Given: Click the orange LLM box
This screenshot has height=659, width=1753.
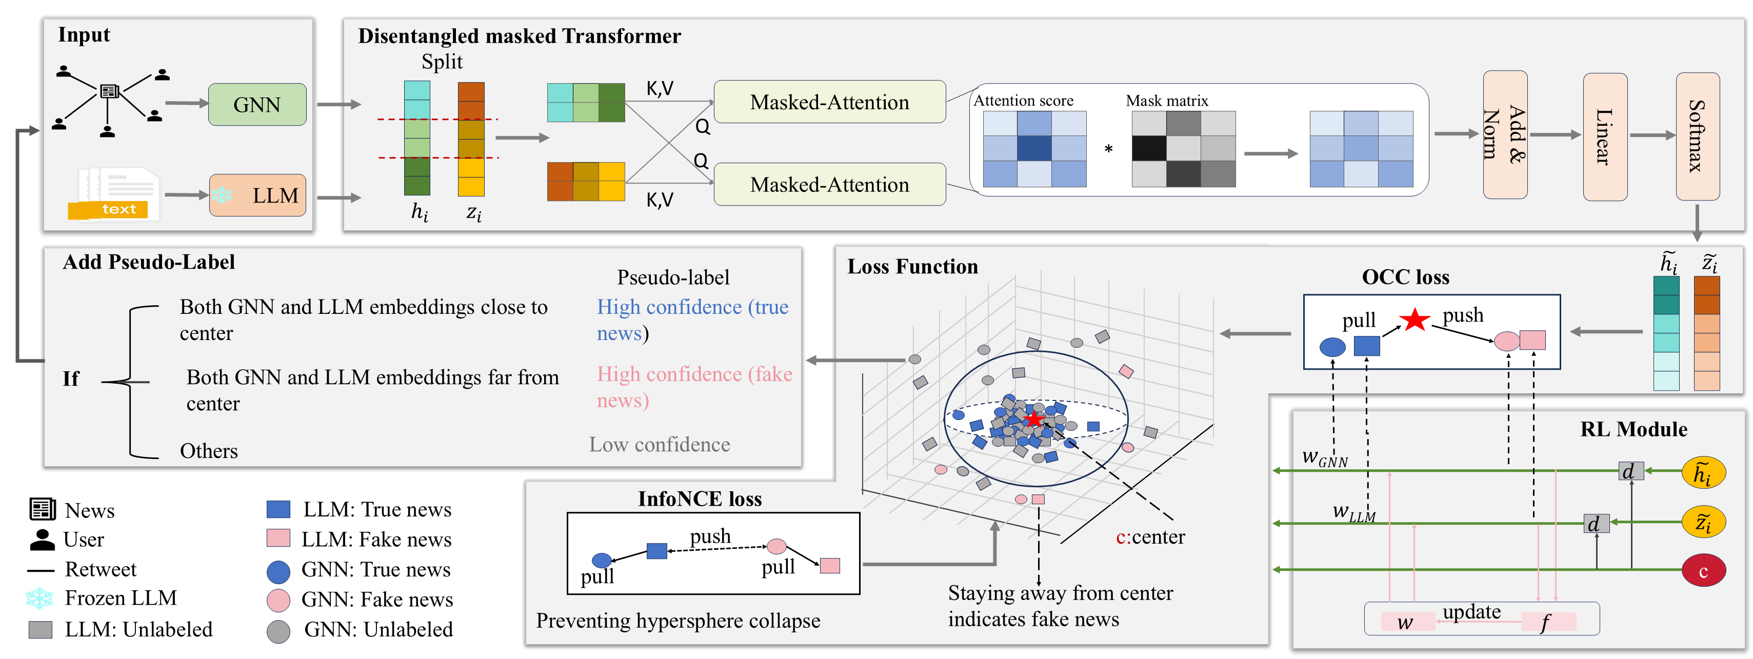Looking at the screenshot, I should point(258,195).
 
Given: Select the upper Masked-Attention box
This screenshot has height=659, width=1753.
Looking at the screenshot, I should point(829,102).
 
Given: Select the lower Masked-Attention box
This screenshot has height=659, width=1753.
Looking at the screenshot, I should point(829,185).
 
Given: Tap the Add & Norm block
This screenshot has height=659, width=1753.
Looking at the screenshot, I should point(1505,135).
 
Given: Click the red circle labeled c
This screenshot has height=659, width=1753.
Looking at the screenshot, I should point(1703,570).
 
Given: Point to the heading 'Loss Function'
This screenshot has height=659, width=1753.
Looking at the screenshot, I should point(912,267).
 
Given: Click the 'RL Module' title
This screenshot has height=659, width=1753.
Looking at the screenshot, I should point(1632,430).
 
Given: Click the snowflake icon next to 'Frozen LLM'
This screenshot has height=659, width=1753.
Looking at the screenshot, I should point(39,598).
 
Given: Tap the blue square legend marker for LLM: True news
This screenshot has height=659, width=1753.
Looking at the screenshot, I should point(278,509).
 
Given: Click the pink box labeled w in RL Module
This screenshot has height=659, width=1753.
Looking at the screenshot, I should point(1406,622).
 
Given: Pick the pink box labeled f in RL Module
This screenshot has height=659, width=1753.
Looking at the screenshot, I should point(1547,622).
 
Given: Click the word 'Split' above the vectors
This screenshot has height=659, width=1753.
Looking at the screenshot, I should point(442,62).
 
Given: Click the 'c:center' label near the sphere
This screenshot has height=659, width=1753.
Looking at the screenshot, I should point(1150,537).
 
